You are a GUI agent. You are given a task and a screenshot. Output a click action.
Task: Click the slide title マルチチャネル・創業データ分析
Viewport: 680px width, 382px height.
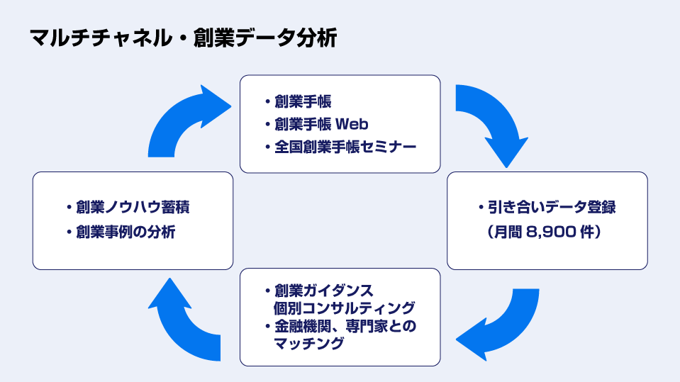pyautogui.click(x=183, y=38)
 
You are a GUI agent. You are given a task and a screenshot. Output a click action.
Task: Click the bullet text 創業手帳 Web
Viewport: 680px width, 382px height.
pyautogui.click(x=321, y=124)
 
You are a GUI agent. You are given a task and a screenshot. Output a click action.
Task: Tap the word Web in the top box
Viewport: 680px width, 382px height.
pyautogui.click(x=352, y=124)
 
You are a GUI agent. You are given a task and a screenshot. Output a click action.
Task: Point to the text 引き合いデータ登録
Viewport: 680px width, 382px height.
pyautogui.click(x=551, y=208)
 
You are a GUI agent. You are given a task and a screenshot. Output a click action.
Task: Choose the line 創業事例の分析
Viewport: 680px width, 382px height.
pyautogui.click(x=126, y=232)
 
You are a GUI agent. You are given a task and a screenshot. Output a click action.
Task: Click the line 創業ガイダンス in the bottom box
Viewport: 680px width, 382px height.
pyautogui.click(x=323, y=291)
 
